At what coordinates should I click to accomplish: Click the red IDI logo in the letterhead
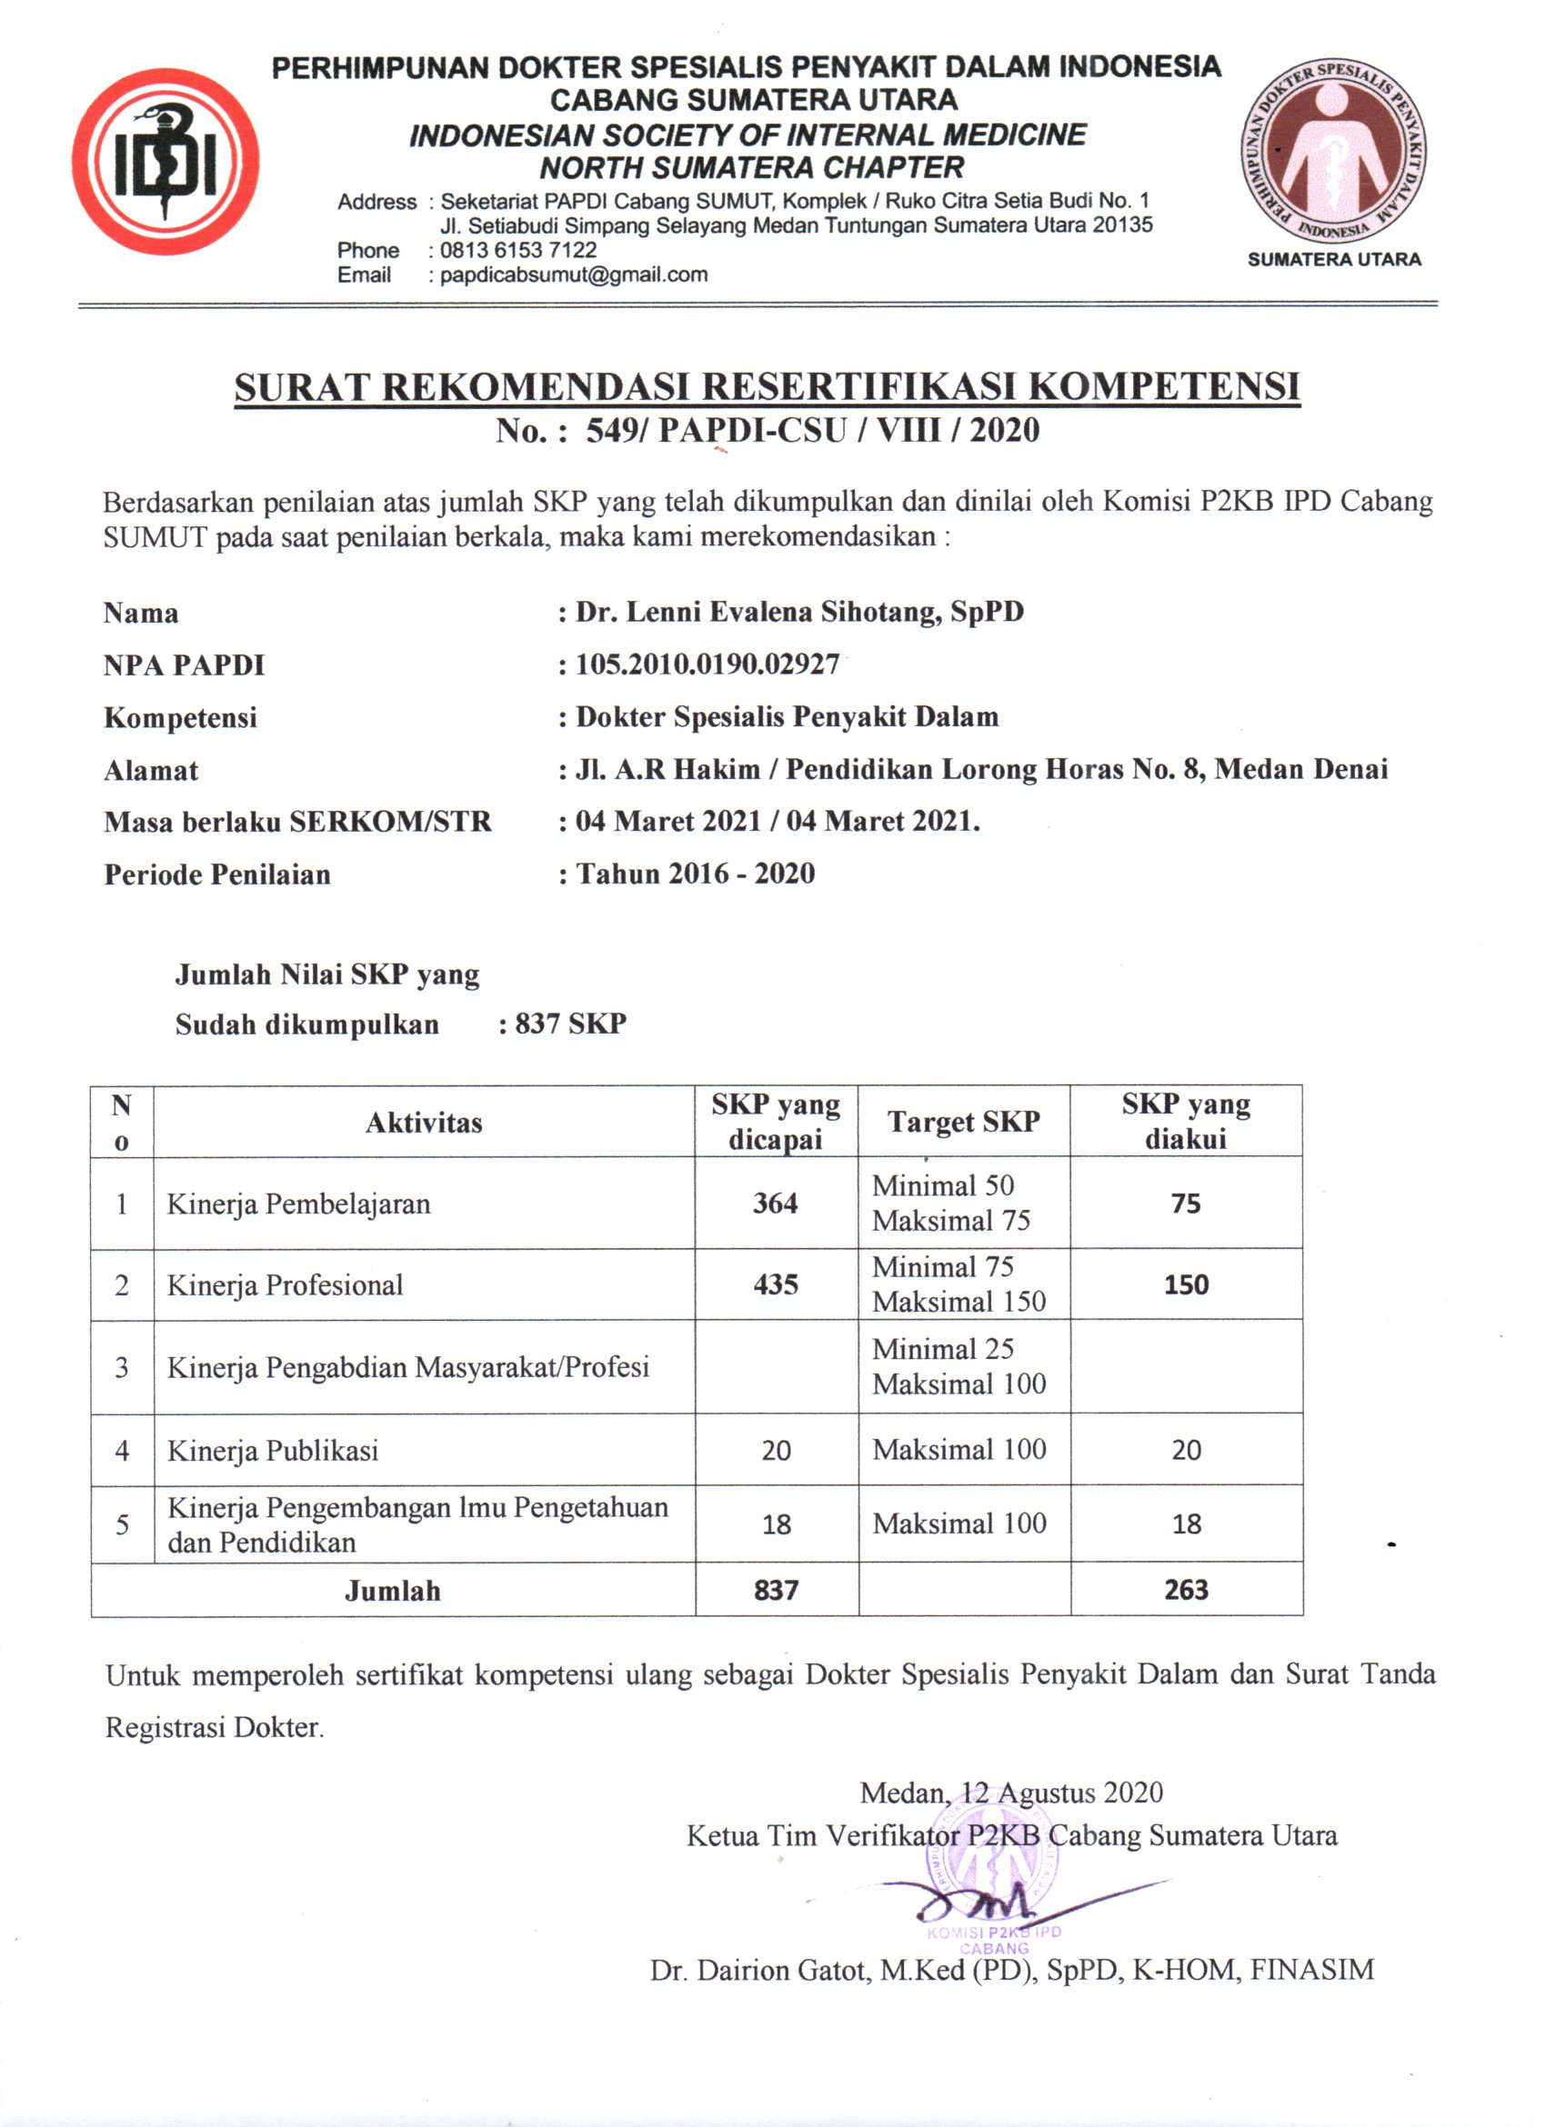click(166, 160)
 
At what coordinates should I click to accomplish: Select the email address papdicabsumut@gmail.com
click(573, 275)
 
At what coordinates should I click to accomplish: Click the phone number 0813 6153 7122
click(517, 250)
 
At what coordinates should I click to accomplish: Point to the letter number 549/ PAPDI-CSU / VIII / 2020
click(812, 431)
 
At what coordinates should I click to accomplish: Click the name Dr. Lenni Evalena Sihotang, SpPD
click(799, 613)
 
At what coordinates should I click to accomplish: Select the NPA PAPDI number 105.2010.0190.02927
click(708, 665)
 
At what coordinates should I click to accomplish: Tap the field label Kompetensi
click(180, 717)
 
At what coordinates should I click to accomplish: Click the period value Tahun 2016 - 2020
click(695, 874)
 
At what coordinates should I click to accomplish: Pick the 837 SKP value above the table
click(570, 1024)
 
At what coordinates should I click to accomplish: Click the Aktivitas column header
click(424, 1123)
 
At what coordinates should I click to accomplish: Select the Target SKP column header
click(963, 1122)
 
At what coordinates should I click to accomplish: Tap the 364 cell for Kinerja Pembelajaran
click(775, 1203)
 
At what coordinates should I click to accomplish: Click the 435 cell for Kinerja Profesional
click(775, 1283)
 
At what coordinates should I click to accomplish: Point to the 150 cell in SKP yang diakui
click(1186, 1283)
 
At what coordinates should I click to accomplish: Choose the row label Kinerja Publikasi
click(273, 1451)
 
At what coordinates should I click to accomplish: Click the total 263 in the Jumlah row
click(1186, 1590)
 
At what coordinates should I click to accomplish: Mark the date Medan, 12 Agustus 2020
click(1011, 1793)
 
